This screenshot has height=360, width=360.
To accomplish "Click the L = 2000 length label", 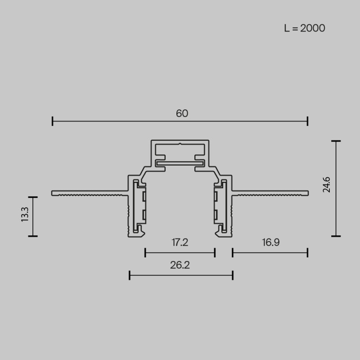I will [304, 28].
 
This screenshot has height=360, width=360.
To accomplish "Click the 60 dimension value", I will [182, 113].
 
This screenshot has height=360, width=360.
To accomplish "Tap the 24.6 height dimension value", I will [327, 185].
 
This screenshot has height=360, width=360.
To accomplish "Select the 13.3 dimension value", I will [25, 215].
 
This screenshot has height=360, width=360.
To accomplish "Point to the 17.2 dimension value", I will [180, 243].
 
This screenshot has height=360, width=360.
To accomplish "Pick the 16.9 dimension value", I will [270, 243].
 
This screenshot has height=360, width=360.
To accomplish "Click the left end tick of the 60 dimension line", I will [53, 121].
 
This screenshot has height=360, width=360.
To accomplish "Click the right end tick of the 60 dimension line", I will [307, 121].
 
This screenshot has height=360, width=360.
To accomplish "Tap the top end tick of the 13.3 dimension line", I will [32, 197].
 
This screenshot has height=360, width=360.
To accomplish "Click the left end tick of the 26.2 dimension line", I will [130, 275].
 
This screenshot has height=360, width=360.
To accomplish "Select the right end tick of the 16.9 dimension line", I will [307, 252].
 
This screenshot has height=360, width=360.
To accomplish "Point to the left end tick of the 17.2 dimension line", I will [145, 252].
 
